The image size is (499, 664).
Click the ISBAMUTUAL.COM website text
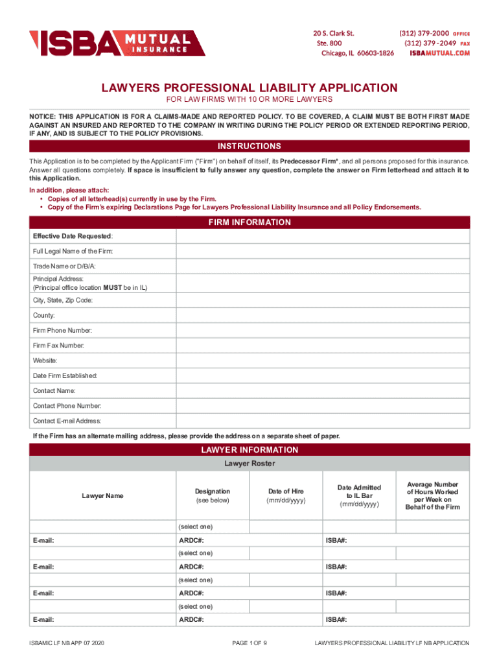pyautogui.click(x=439, y=53)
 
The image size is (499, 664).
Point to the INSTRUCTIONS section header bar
pyautogui.click(x=250, y=146)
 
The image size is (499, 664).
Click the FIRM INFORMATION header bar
pyautogui.click(x=250, y=222)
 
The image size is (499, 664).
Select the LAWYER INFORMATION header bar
pyautogui.click(x=250, y=450)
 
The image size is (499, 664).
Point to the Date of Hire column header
pyautogui.click(x=286, y=496)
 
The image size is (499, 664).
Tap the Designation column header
pyautogui.click(x=212, y=496)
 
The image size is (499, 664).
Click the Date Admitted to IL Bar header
pyautogui.click(x=359, y=496)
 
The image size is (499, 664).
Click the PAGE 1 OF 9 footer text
pyautogui.click(x=250, y=643)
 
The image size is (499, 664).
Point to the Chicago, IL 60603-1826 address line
pyautogui.click(x=358, y=53)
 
